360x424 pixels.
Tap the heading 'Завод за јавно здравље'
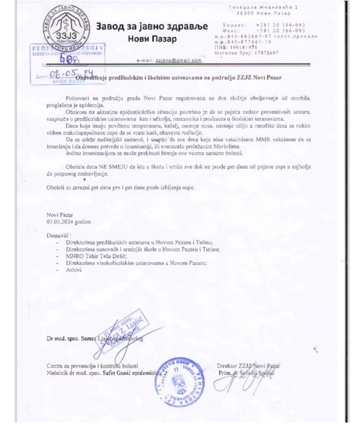[x=152, y=27]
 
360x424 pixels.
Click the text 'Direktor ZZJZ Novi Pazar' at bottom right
[x=249, y=364]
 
